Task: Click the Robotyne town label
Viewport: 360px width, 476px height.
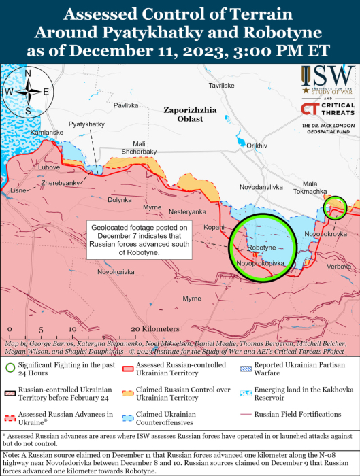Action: [x=262, y=248]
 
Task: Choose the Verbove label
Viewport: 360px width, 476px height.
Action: [x=339, y=267]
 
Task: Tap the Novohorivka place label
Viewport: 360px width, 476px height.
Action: [x=116, y=272]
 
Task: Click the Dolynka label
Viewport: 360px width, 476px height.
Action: [x=120, y=200]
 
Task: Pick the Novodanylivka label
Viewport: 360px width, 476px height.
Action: [x=261, y=187]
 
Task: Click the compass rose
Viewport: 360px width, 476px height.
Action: [x=28, y=92]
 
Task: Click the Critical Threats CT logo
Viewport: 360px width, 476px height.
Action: [x=310, y=109]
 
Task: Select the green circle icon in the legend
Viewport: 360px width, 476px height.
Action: [x=10, y=368]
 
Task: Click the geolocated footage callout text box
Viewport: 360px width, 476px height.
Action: [x=140, y=239]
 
